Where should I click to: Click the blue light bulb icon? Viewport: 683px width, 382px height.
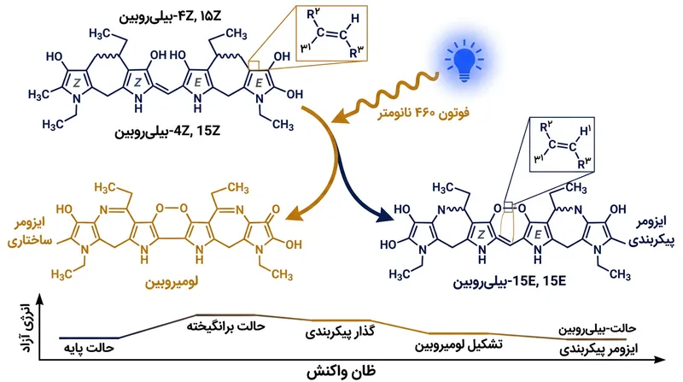[464, 61]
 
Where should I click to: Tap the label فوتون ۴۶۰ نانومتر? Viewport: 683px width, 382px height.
[423, 114]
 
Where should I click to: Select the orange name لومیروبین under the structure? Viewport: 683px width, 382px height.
[172, 282]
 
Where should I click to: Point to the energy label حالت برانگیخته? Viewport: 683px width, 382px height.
[225, 326]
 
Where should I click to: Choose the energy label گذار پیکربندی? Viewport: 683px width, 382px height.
[340, 332]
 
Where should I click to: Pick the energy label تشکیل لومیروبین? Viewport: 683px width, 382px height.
[458, 345]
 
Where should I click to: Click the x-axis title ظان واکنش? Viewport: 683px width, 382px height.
[341, 372]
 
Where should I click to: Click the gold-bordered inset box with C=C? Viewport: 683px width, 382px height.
[331, 33]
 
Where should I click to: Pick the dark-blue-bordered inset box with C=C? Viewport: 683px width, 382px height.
[562, 144]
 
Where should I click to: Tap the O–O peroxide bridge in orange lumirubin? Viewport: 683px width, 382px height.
[172, 208]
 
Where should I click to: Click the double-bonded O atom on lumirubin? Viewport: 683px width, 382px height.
[275, 209]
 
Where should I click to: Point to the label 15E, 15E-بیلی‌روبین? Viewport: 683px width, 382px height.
[510, 281]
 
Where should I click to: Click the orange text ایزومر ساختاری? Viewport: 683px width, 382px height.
[30, 232]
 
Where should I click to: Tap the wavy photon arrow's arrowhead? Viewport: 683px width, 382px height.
[340, 117]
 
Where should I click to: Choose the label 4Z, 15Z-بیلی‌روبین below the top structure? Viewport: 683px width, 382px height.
[167, 132]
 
